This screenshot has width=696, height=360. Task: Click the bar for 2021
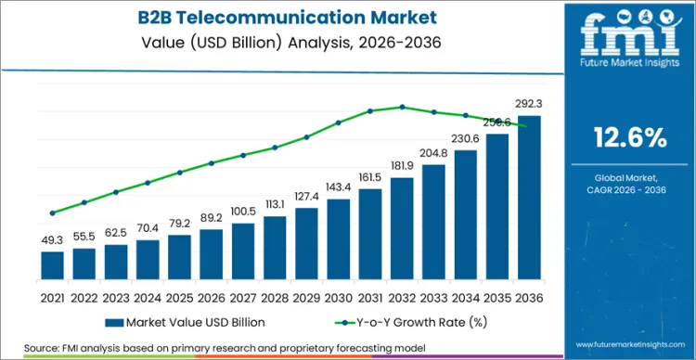click(53, 264)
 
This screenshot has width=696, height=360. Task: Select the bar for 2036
click(528, 197)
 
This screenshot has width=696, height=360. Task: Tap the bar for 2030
click(338, 238)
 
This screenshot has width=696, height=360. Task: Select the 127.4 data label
click(306, 197)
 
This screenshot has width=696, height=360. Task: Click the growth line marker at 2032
click(402, 107)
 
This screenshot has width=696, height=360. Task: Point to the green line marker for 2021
click(53, 212)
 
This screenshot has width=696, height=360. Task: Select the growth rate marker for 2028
click(275, 147)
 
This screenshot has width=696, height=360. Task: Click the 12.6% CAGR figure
click(630, 138)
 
